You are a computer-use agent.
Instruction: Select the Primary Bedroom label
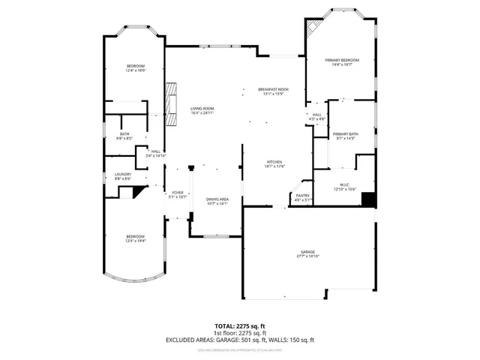(x=341, y=62)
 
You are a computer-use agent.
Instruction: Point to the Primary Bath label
(x=346, y=136)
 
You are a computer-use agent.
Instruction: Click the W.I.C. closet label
(x=345, y=187)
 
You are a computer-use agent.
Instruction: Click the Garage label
(x=307, y=254)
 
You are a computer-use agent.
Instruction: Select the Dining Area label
(x=217, y=201)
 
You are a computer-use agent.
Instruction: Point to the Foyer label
(x=178, y=194)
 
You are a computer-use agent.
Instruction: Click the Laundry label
(x=123, y=177)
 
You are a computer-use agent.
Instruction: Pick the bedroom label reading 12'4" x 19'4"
(x=135, y=239)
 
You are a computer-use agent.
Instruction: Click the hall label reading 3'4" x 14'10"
(x=156, y=153)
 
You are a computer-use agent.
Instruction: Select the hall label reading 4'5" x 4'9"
(x=317, y=116)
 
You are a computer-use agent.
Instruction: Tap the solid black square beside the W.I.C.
(x=367, y=199)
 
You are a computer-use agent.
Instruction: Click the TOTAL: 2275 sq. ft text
(x=240, y=326)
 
